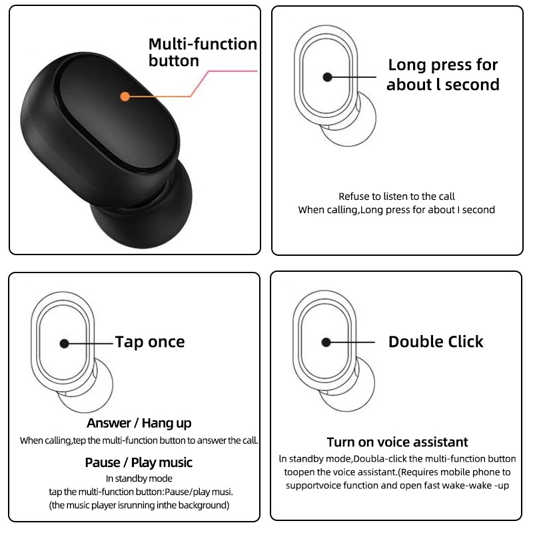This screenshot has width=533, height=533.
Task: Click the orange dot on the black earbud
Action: click(x=125, y=96)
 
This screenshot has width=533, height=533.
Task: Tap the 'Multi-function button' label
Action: click(x=202, y=53)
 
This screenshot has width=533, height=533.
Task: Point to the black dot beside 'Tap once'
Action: click(x=64, y=343)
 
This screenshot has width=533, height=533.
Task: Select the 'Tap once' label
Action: click(x=150, y=342)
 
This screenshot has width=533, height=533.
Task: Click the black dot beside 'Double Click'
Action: click(x=326, y=342)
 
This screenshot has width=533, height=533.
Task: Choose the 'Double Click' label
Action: click(x=435, y=342)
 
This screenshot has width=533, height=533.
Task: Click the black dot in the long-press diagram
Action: click(x=327, y=77)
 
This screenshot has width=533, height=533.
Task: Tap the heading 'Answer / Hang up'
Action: click(x=139, y=423)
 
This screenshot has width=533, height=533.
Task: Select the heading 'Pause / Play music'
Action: click(x=139, y=462)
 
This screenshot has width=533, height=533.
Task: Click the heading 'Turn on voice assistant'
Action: click(x=397, y=442)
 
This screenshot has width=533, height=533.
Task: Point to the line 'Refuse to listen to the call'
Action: click(x=396, y=197)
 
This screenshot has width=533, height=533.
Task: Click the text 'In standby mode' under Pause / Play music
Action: click(x=139, y=478)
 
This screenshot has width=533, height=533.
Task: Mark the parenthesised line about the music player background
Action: click(x=139, y=505)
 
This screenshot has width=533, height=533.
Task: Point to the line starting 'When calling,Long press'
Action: click(x=396, y=210)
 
